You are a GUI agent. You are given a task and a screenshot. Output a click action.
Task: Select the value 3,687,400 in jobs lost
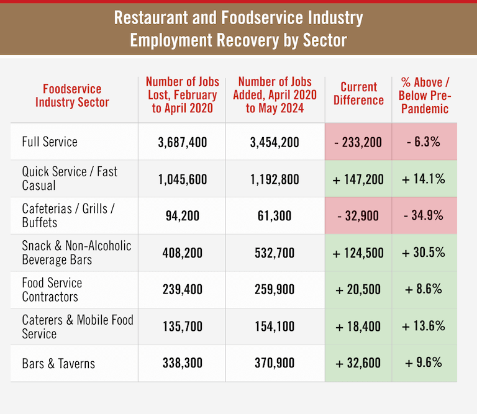182,142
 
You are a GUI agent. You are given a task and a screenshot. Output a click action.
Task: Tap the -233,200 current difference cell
358,142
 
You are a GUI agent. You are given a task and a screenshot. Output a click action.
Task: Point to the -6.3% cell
424,142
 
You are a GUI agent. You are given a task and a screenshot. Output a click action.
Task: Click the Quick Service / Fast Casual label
70,179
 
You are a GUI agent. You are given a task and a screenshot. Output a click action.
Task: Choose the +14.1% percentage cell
424,179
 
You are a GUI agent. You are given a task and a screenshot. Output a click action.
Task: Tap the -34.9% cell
424,216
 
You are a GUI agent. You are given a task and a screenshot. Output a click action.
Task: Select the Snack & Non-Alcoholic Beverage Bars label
76,253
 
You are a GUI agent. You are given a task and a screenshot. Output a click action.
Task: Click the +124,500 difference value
358,253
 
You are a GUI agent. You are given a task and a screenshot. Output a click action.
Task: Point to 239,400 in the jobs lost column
182,290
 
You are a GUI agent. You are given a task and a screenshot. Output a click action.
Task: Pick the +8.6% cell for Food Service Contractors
424,290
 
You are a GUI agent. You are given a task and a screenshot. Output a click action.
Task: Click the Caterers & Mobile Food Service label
78,326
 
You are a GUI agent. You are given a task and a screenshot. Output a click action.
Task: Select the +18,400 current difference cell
358,326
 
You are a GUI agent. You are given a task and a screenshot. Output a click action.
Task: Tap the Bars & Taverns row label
58,364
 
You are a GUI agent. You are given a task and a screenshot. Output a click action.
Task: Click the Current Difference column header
358,94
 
